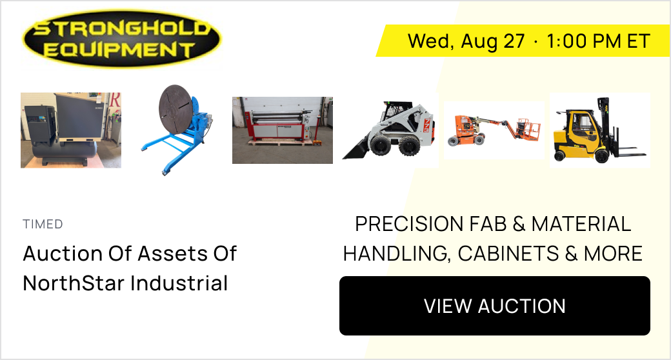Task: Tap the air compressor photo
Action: (x=71, y=130)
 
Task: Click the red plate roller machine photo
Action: (x=283, y=130)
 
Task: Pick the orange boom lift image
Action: (x=494, y=130)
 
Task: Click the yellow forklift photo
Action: (x=600, y=130)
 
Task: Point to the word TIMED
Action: (x=43, y=225)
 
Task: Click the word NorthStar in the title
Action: (x=73, y=283)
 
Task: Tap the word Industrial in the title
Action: (x=179, y=283)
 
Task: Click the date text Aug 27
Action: (x=492, y=41)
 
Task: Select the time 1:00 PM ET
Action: (x=598, y=41)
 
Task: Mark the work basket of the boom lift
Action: (x=528, y=130)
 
